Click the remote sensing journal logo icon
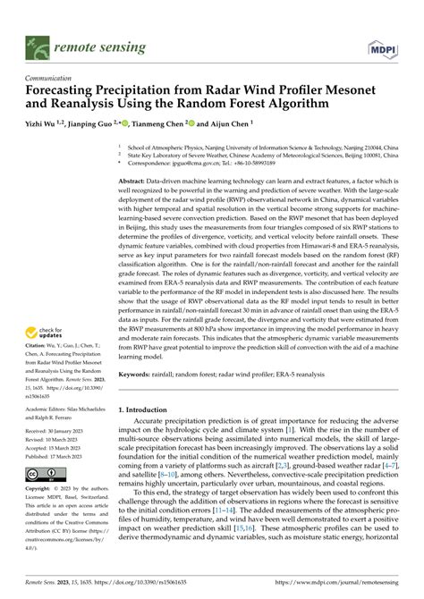(38, 42)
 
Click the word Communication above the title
(52, 78)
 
